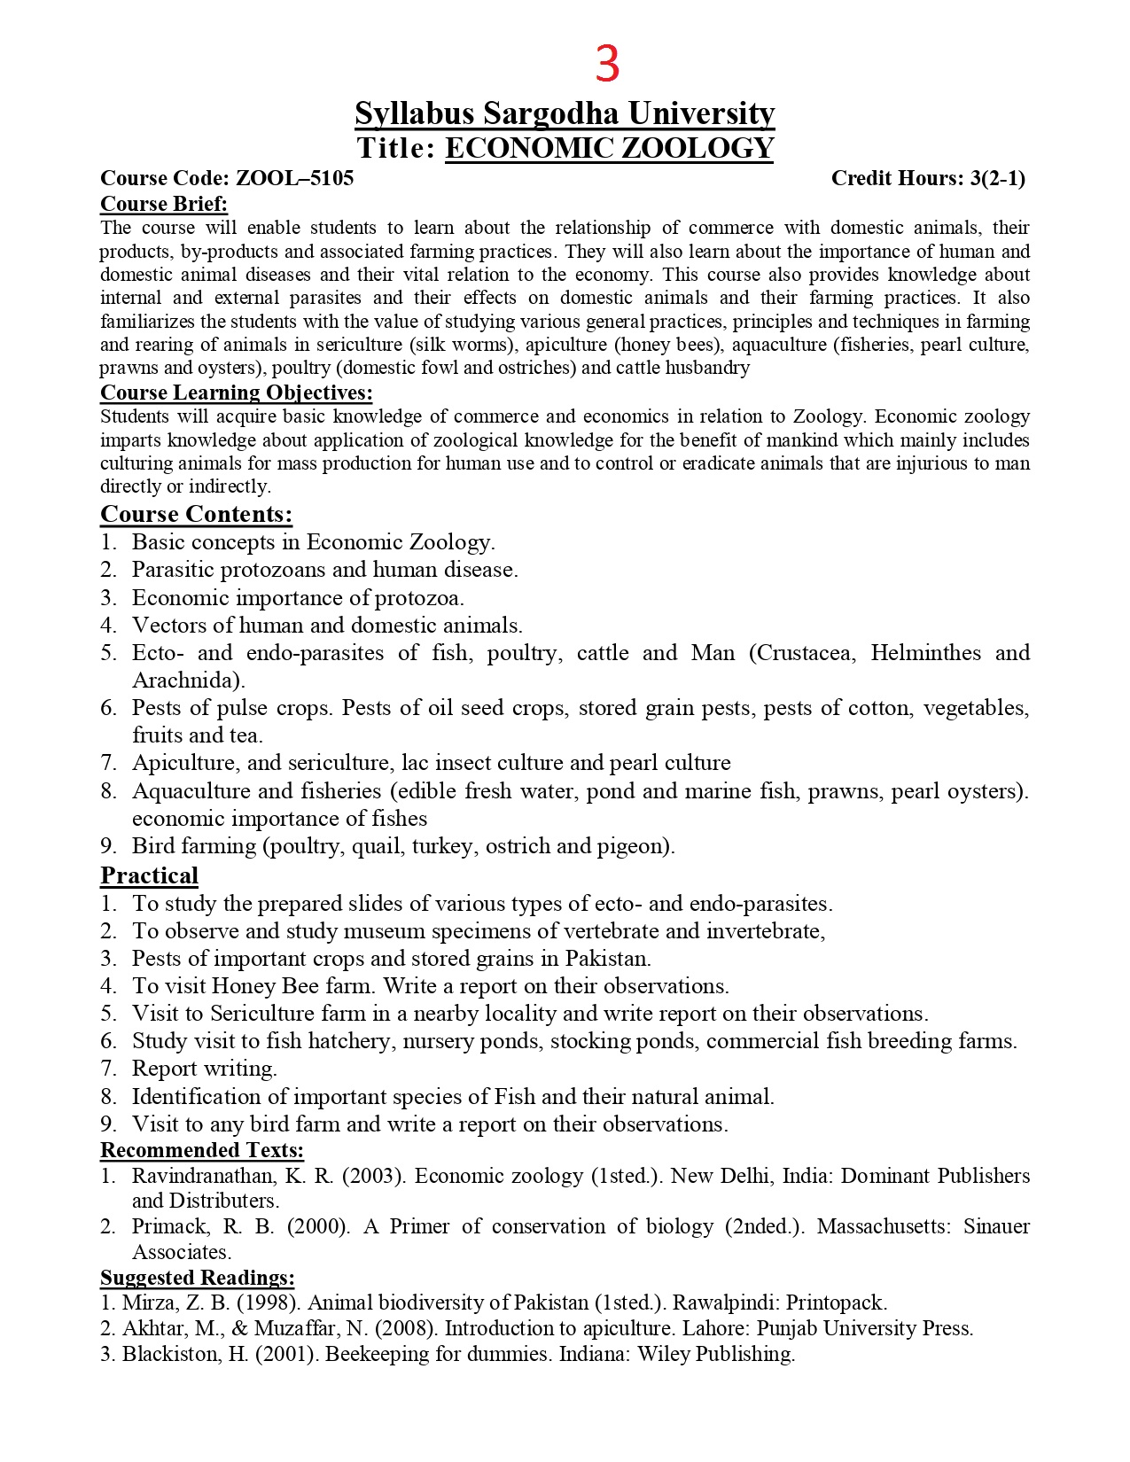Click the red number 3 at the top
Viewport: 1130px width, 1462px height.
tap(607, 65)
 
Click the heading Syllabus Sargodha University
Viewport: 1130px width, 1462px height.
tap(565, 113)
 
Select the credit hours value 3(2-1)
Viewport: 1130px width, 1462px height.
tap(997, 178)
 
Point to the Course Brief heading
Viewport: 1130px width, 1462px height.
tap(164, 204)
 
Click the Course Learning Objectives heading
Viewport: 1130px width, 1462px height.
tap(236, 393)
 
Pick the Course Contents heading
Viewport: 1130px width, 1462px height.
tap(196, 514)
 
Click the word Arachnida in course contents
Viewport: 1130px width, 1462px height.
tap(186, 680)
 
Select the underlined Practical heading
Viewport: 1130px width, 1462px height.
tap(149, 875)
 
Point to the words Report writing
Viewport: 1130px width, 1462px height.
tap(205, 1069)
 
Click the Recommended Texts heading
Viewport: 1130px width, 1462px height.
tap(201, 1150)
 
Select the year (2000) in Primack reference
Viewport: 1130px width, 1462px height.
tap(318, 1226)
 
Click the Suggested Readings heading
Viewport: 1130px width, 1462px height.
tap(197, 1278)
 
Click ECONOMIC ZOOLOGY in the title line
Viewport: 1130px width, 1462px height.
tap(609, 148)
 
